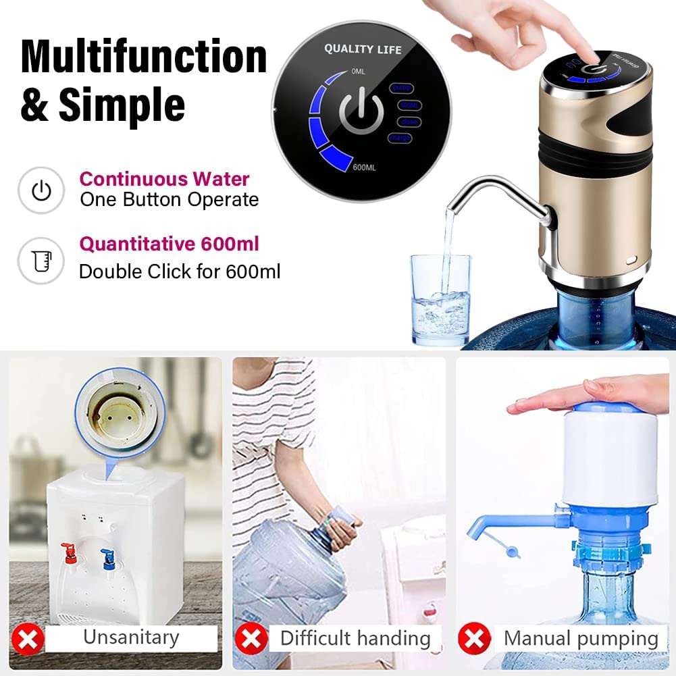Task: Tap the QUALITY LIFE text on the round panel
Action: (363, 49)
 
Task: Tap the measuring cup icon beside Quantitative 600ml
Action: (41, 260)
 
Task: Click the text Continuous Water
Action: (165, 180)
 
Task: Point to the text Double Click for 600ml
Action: (180, 271)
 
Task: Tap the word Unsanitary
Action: (131, 638)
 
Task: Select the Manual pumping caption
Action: (581, 638)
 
